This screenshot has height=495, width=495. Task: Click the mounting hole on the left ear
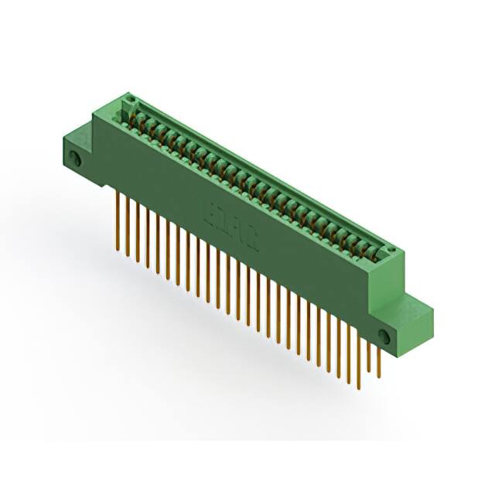point(76,159)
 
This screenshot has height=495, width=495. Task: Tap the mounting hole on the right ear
point(384,334)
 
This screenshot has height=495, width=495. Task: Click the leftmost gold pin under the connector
point(118,220)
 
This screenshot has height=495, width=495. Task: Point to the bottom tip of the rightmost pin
point(379,377)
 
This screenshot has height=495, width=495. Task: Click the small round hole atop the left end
point(129,101)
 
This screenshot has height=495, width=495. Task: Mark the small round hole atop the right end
point(393,252)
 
